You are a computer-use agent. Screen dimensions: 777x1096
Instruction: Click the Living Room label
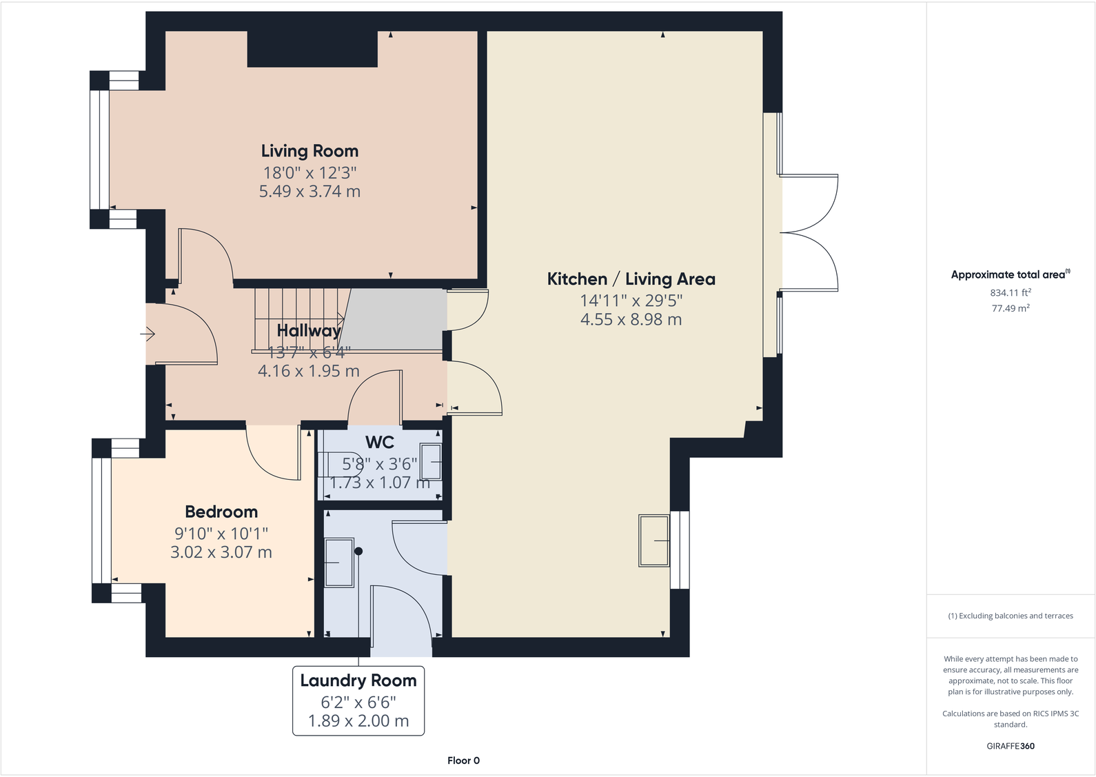(309, 151)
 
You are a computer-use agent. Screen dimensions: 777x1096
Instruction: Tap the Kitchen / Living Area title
(631, 279)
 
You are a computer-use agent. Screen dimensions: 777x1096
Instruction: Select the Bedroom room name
(221, 512)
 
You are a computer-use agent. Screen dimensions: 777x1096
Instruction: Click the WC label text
(380, 442)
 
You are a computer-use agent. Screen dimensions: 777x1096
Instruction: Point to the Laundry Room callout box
(358, 700)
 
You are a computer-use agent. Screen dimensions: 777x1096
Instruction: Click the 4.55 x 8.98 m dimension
(631, 319)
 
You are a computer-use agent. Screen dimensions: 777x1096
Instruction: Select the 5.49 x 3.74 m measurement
(309, 191)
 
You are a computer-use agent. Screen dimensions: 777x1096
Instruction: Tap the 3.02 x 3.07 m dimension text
(221, 552)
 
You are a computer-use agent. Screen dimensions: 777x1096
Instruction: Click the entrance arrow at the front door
(148, 334)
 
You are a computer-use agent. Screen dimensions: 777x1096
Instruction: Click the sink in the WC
(432, 462)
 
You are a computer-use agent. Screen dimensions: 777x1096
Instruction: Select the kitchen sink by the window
(654, 541)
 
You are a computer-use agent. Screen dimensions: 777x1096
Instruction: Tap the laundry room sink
(338, 563)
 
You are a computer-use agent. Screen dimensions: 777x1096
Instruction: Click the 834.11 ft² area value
(1010, 292)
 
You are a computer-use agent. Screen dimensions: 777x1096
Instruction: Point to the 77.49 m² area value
(1010, 308)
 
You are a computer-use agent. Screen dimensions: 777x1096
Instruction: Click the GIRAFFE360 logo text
(1010, 746)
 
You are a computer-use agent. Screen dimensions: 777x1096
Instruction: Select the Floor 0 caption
(463, 760)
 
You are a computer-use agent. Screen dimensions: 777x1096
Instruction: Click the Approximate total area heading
(1010, 274)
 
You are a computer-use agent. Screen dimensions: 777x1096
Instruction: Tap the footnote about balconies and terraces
(1010, 616)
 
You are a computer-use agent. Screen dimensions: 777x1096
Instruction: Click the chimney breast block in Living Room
(312, 49)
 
